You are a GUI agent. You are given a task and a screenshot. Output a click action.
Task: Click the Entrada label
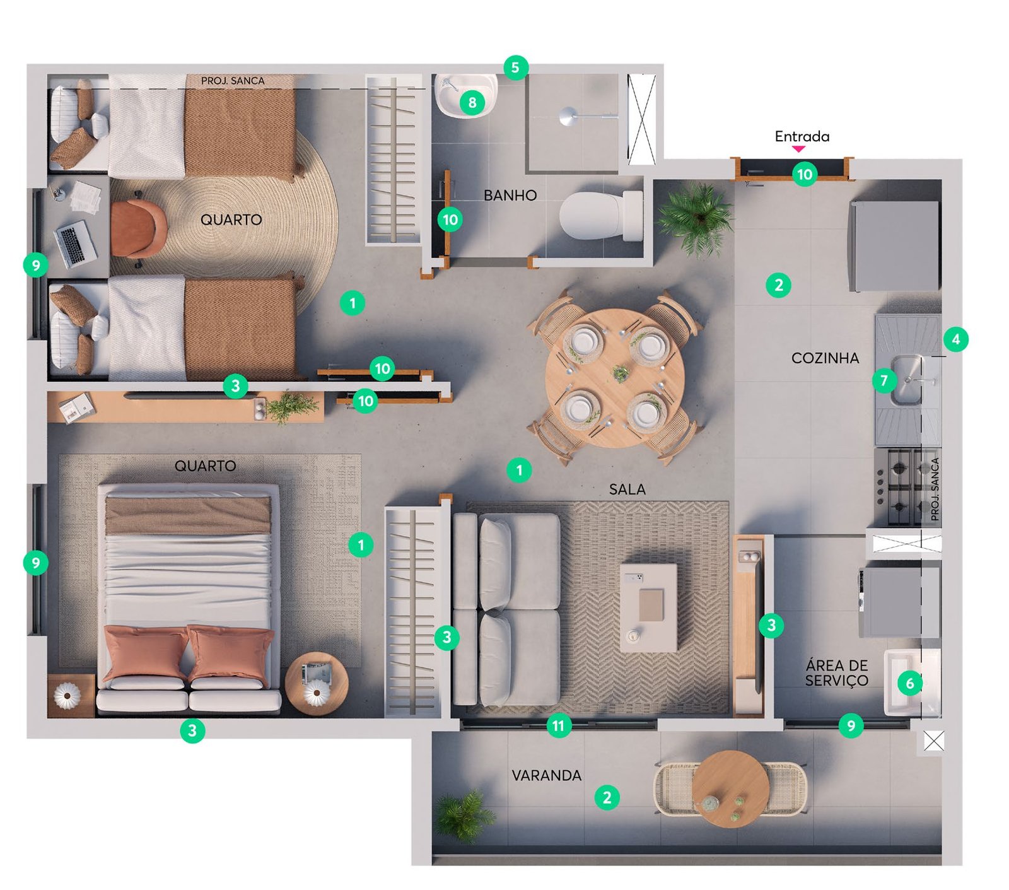pyautogui.click(x=802, y=136)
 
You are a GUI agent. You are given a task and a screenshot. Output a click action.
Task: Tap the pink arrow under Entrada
pyautogui.click(x=798, y=149)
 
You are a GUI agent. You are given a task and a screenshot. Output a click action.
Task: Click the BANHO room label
pyautogui.click(x=510, y=196)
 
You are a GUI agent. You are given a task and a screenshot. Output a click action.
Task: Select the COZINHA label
pyautogui.click(x=825, y=358)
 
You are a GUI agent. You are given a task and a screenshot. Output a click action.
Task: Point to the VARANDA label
pyautogui.click(x=546, y=775)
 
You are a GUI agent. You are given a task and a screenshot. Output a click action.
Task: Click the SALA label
pyautogui.click(x=627, y=489)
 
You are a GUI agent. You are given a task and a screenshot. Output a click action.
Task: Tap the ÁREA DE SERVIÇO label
pyautogui.click(x=837, y=673)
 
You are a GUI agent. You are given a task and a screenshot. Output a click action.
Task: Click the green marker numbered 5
pyautogui.click(x=516, y=67)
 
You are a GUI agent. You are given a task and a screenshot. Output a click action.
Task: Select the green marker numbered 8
pyautogui.click(x=472, y=102)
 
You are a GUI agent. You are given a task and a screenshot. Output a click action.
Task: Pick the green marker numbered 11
pyautogui.click(x=558, y=726)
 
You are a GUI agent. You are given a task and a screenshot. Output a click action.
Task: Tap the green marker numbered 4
pyautogui.click(x=956, y=339)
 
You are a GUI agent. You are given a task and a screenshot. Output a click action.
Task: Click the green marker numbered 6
pyautogui.click(x=910, y=683)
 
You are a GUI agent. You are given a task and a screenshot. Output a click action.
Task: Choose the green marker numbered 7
pyautogui.click(x=884, y=380)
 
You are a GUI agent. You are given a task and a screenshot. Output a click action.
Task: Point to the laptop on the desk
pyautogui.click(x=76, y=243)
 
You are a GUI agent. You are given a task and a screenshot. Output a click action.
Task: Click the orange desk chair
pyautogui.click(x=138, y=228)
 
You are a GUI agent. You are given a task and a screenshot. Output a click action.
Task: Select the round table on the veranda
pyautogui.click(x=730, y=788)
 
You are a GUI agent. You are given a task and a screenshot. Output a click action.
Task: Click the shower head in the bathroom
pyautogui.click(x=568, y=117)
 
